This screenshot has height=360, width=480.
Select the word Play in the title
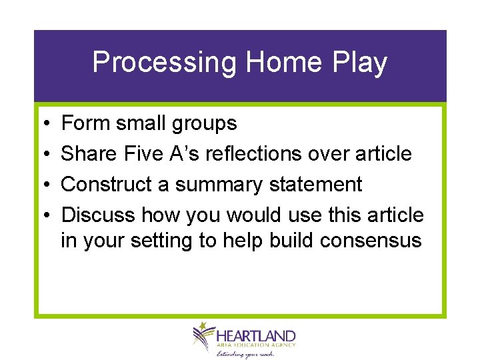click(359, 63)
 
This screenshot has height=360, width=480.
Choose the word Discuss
click(98, 215)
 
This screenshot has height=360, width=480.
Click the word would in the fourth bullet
click(253, 215)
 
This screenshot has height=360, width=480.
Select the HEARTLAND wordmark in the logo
click(255, 335)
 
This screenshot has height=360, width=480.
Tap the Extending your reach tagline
click(245, 353)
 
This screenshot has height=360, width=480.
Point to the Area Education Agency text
click(255, 345)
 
